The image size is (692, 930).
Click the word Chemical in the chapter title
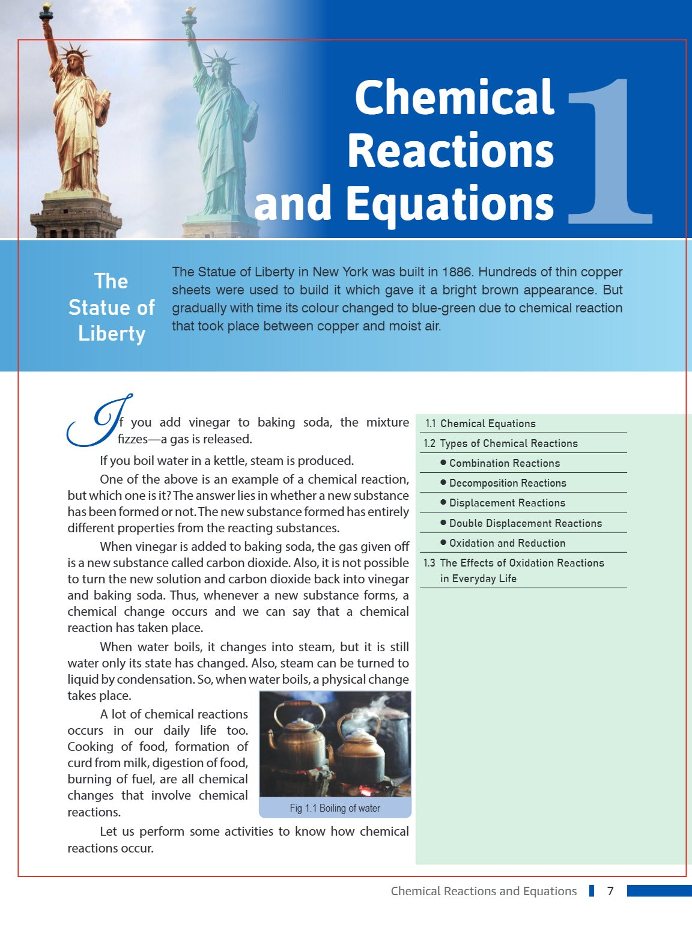[454, 97]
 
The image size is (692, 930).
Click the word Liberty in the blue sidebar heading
[112, 333]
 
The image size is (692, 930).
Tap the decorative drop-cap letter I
[99, 421]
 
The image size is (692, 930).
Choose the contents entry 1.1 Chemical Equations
[480, 424]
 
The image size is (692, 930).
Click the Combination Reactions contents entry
[504, 463]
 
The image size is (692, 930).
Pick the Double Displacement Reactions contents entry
[525, 523]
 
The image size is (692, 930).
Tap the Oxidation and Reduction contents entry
[507, 543]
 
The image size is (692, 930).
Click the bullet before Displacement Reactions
[443, 502]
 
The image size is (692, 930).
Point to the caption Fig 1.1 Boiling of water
[335, 808]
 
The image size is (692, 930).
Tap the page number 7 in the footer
[610, 891]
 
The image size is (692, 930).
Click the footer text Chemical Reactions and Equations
[484, 891]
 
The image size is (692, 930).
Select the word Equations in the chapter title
[449, 203]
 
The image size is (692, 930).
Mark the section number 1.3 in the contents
[429, 563]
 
